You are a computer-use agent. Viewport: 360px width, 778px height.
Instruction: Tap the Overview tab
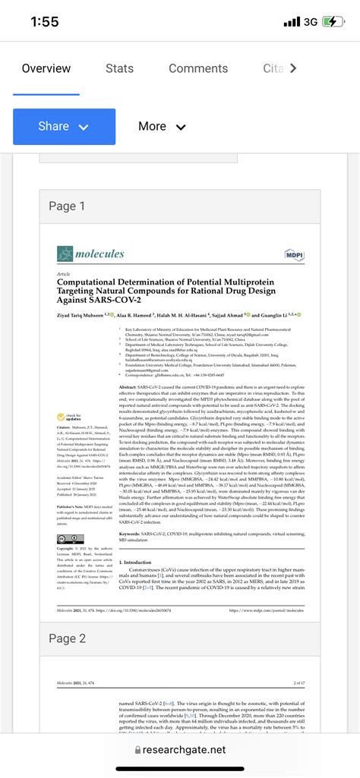(x=46, y=68)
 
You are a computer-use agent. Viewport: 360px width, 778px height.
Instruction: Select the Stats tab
(x=119, y=68)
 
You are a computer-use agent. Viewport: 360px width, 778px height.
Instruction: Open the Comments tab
(x=198, y=68)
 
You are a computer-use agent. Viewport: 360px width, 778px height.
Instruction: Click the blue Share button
(x=64, y=127)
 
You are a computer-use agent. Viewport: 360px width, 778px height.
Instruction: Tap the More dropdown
(x=162, y=127)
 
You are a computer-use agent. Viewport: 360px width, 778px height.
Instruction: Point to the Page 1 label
(x=67, y=206)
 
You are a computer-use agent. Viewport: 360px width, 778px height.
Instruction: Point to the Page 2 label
(x=67, y=639)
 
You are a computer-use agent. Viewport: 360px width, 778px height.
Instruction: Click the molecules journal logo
(x=91, y=254)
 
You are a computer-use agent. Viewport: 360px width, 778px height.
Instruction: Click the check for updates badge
(x=68, y=417)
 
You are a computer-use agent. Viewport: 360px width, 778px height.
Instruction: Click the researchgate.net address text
(x=185, y=750)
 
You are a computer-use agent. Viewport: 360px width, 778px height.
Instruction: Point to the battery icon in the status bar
(x=333, y=21)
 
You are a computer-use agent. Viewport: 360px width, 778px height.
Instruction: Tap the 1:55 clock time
(x=45, y=22)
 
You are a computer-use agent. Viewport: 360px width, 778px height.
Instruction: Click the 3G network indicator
(x=310, y=22)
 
